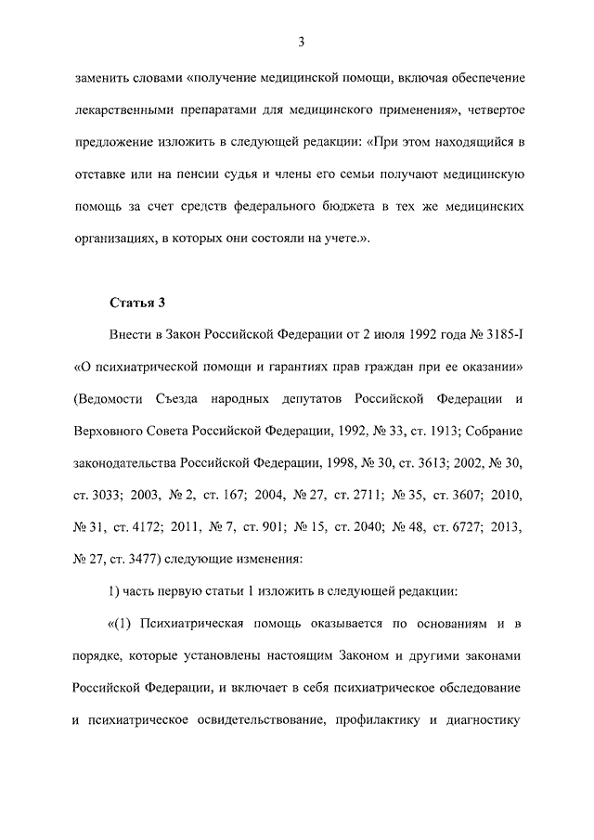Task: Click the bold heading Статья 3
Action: pyautogui.click(x=137, y=302)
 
